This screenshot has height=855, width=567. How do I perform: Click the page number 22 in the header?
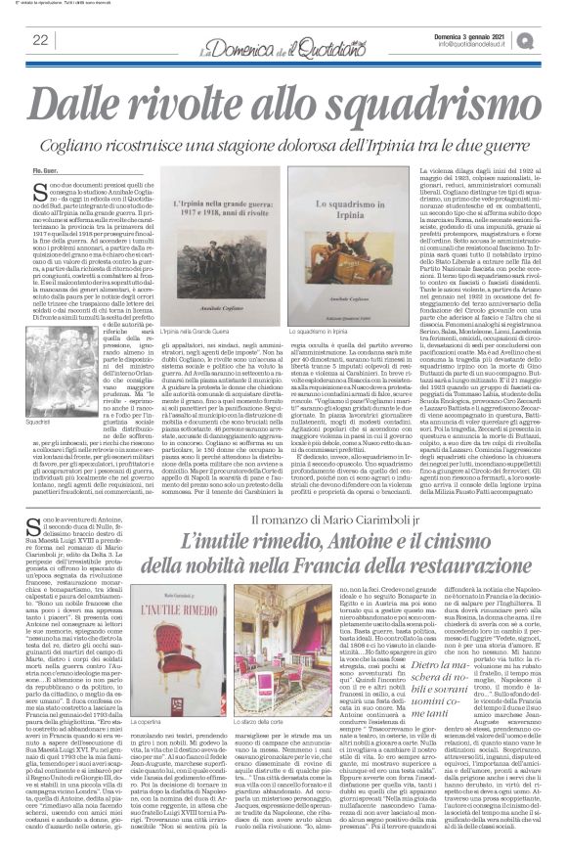pyautogui.click(x=40, y=39)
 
